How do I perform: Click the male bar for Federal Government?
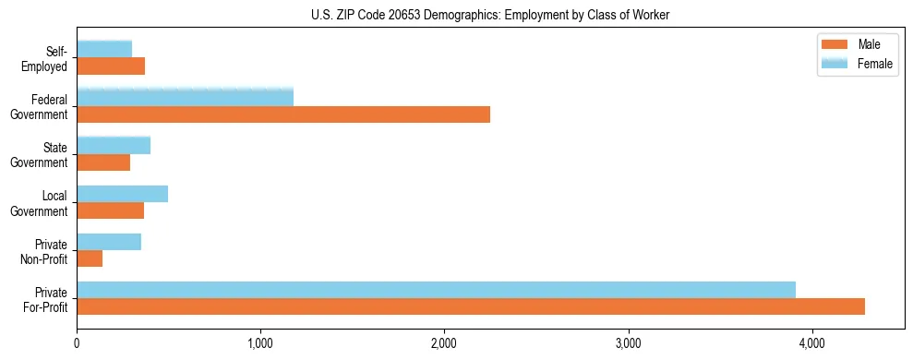click(x=283, y=114)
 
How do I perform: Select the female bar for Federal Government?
click(x=185, y=97)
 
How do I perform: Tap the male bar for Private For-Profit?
click(x=471, y=306)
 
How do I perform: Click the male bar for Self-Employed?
click(x=111, y=66)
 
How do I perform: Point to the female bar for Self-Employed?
click(x=104, y=49)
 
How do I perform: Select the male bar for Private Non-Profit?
click(x=90, y=258)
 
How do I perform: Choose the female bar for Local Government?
click(x=122, y=193)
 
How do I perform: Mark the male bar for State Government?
click(x=103, y=162)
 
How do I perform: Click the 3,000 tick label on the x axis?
click(x=628, y=345)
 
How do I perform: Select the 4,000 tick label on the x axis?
click(x=811, y=345)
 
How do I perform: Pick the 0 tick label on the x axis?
click(x=77, y=345)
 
